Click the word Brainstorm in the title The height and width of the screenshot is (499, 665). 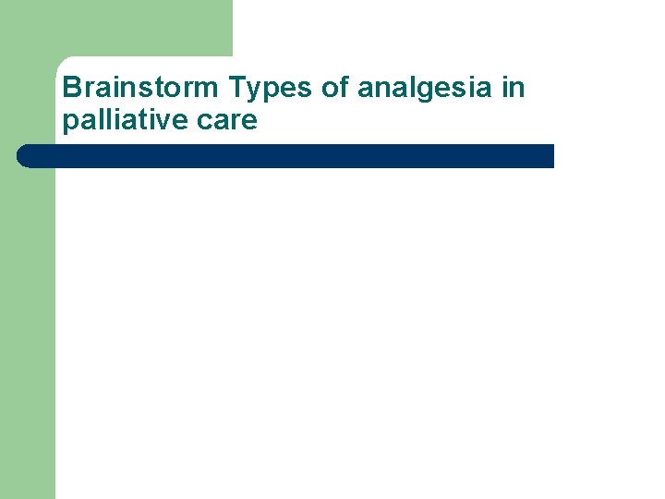point(141,89)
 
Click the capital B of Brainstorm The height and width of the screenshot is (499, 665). point(71,89)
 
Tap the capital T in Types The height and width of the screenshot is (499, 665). point(236,89)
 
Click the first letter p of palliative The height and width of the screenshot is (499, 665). point(69,123)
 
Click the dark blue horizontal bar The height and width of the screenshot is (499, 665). point(286,156)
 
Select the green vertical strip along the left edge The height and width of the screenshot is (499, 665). point(28,323)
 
